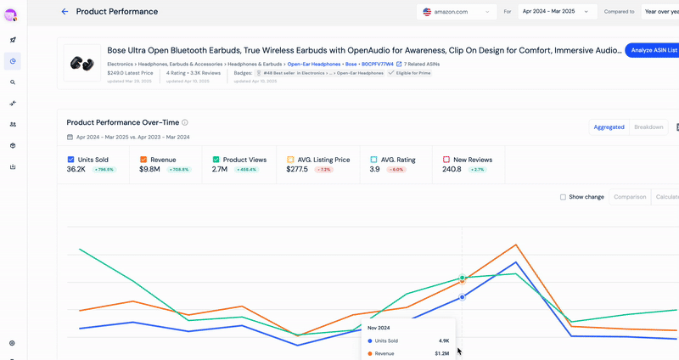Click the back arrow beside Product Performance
65,12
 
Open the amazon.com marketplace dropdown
457,12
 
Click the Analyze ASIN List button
653,50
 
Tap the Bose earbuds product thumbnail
82,64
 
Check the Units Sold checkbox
70,159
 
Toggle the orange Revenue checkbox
143,159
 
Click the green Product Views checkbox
216,159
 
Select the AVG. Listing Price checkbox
290,159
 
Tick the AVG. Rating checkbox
374,159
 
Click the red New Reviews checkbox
446,159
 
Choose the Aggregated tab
609,127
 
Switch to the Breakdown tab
648,127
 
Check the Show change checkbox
563,197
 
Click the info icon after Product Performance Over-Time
185,122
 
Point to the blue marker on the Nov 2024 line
462,297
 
